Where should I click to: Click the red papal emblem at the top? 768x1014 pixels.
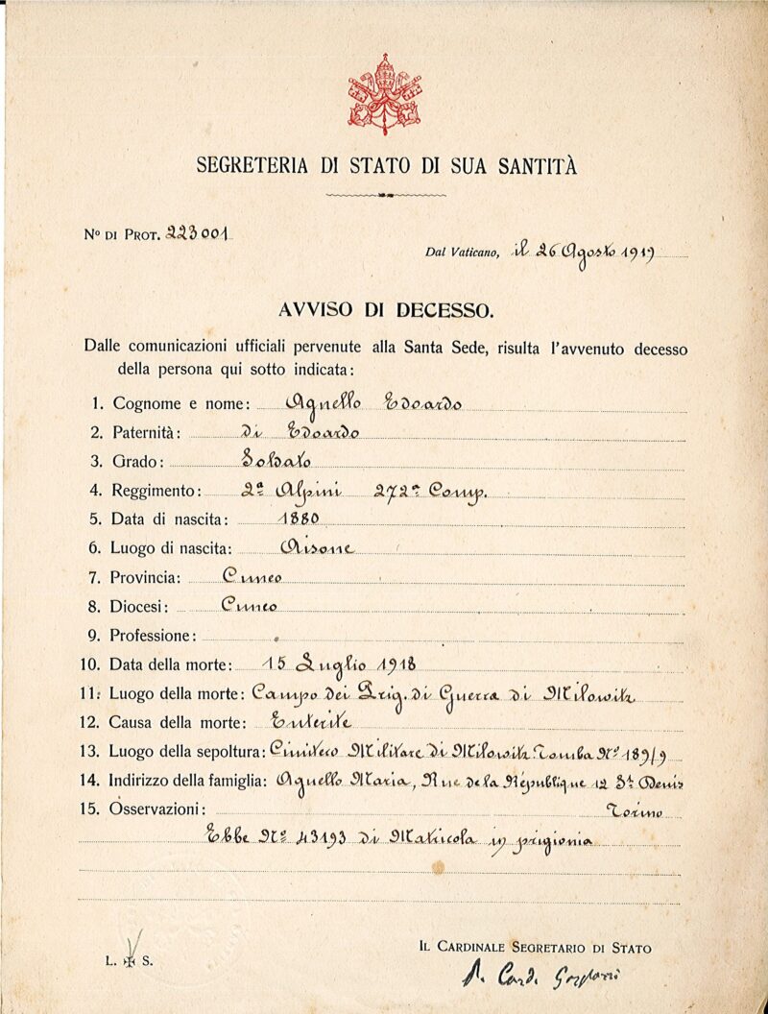click(384, 93)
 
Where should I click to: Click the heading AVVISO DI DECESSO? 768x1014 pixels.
click(384, 310)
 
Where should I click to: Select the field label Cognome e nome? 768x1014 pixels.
click(181, 404)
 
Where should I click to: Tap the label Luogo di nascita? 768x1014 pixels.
click(172, 548)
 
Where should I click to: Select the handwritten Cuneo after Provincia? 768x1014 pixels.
click(252, 576)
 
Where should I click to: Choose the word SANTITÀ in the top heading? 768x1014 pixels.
click(537, 165)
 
